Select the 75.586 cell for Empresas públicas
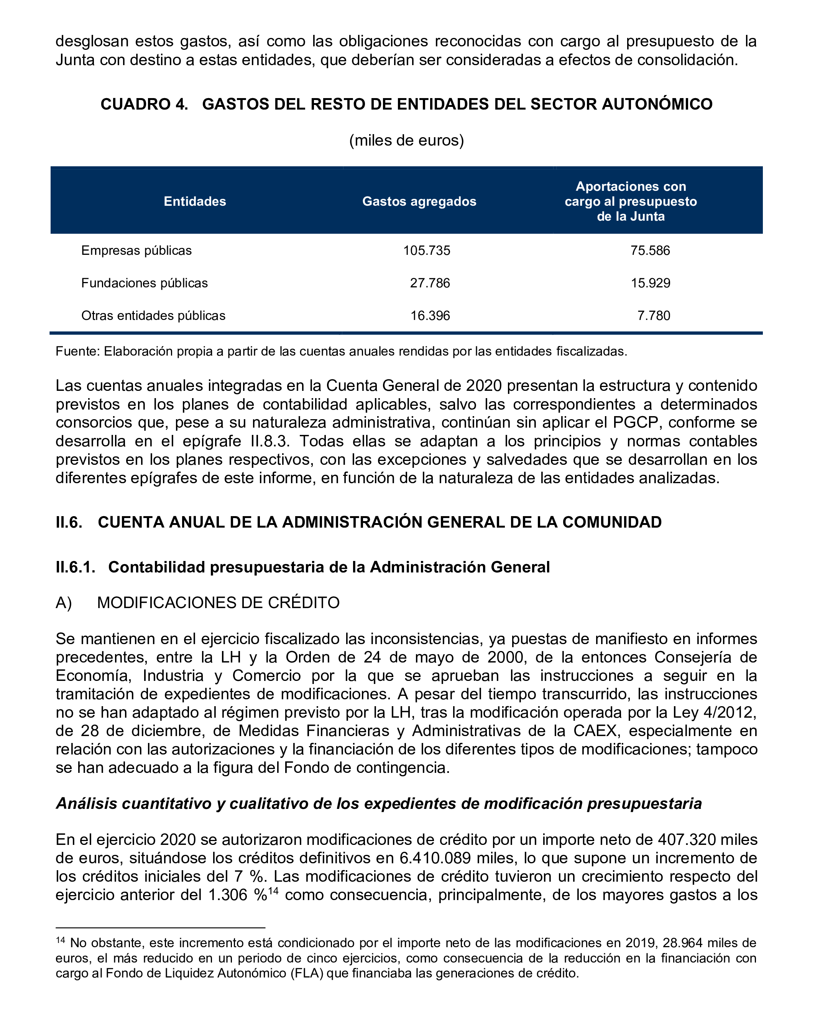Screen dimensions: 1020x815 tap(650, 250)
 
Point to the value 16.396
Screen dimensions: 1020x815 tap(430, 316)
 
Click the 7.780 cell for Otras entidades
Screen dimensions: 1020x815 tap(654, 316)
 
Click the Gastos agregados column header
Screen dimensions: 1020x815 tap(419, 202)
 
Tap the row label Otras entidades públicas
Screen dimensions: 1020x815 tap(153, 316)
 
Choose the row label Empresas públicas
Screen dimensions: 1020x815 tap(136, 250)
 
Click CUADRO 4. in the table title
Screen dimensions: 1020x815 tap(145, 104)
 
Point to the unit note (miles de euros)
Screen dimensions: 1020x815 tap(407, 141)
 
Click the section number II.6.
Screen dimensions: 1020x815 tap(69, 522)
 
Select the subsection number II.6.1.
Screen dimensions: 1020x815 tap(76, 567)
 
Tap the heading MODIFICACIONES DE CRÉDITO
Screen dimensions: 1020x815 tap(218, 603)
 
